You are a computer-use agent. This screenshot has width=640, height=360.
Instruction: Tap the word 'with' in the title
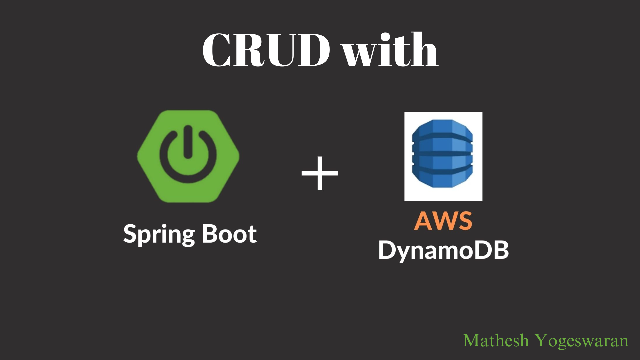[390, 50]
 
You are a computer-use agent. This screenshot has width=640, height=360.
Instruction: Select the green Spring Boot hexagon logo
[188, 156]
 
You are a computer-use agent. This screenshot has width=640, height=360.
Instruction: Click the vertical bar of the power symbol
[188, 142]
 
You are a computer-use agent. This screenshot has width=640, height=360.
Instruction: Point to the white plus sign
[320, 173]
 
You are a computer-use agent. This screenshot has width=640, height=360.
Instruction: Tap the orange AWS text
[443, 221]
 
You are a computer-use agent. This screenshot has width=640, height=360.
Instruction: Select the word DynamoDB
[443, 250]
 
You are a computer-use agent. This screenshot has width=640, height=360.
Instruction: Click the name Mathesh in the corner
[496, 341]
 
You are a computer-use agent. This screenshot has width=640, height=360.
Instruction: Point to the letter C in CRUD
[217, 50]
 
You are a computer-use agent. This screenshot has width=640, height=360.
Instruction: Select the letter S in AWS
[464, 221]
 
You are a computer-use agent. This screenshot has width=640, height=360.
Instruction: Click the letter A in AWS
[423, 221]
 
